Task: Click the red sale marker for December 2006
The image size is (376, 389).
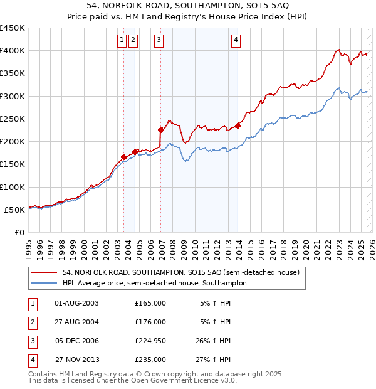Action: pos(160,131)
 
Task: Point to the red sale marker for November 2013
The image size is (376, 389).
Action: pos(238,125)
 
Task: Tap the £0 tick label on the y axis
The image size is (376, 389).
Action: pos(19,232)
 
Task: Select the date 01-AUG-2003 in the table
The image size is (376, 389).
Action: pos(77,303)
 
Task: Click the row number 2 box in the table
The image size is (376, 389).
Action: pos(31,322)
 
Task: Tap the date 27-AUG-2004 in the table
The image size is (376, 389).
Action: pos(77,322)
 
